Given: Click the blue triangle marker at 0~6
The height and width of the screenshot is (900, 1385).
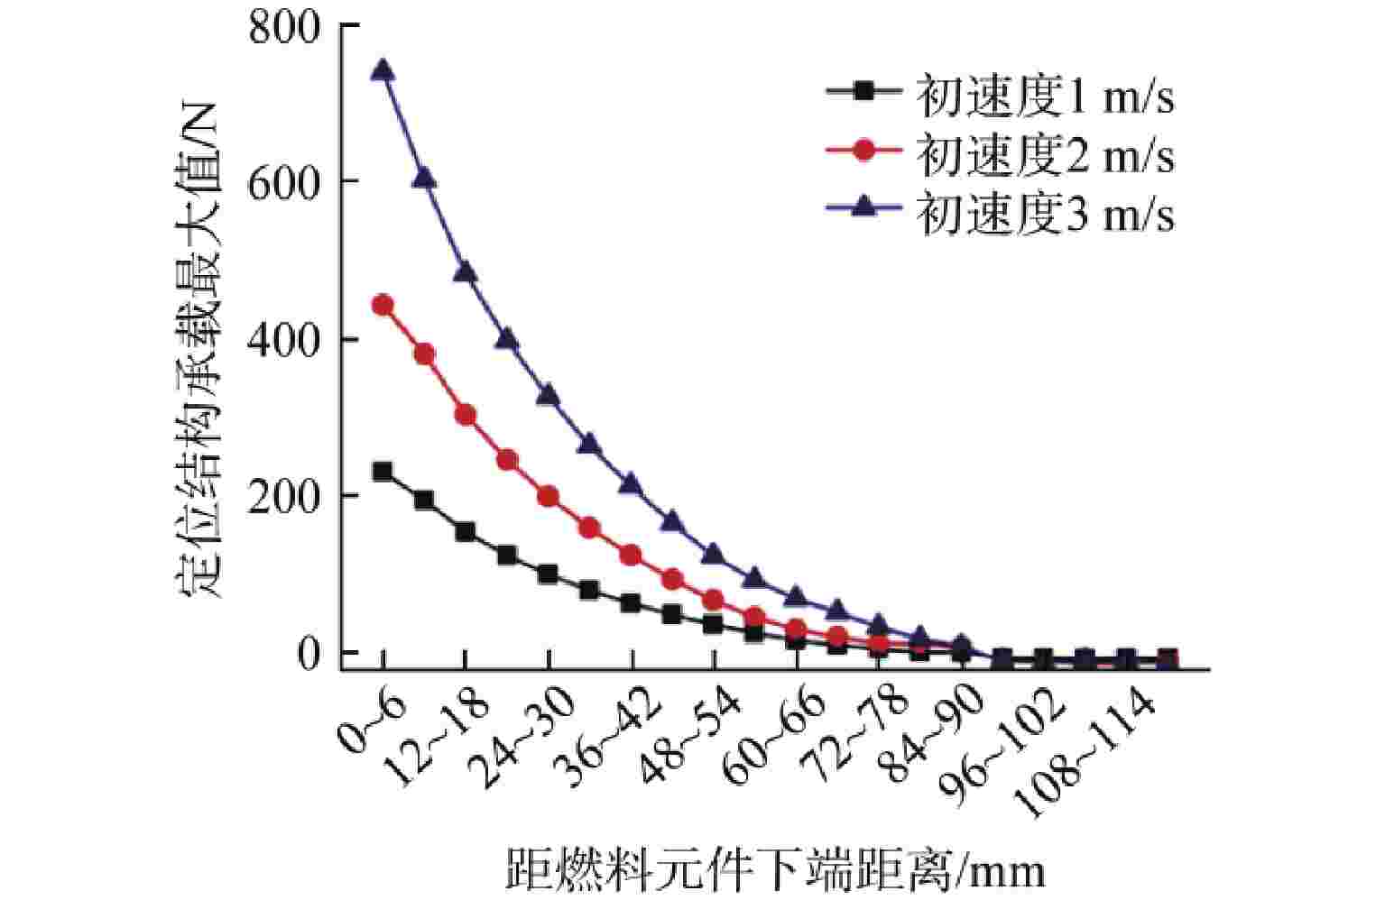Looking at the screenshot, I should tap(383, 69).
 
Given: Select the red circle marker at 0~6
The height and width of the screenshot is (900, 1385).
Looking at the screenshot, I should tap(383, 305).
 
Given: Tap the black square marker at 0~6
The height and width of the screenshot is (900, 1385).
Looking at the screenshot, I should tap(383, 472).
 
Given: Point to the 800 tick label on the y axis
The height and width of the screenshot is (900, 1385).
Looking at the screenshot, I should tap(284, 29).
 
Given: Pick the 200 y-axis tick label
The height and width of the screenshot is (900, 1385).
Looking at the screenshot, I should tap(284, 497).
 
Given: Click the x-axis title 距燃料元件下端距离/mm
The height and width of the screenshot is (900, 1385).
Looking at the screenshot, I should tap(775, 868).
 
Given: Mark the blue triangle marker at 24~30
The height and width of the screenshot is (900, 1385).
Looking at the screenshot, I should tap(549, 394).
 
